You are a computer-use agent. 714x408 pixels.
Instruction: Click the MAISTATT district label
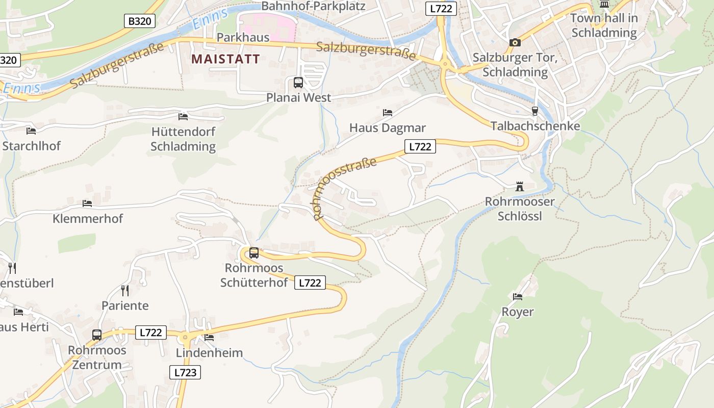click(x=225, y=59)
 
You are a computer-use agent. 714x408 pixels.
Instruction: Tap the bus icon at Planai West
click(x=298, y=82)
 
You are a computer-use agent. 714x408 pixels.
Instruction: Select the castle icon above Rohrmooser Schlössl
click(x=519, y=187)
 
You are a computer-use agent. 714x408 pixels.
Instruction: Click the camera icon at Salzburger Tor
click(x=515, y=42)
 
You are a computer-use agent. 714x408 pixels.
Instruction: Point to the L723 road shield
click(x=185, y=372)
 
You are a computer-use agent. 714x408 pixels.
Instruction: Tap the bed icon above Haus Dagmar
click(x=388, y=112)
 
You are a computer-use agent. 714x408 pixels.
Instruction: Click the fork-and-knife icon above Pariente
click(x=125, y=291)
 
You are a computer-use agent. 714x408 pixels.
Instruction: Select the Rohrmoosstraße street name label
click(x=345, y=188)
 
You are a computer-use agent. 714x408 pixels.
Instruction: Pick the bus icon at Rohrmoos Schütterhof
click(x=254, y=252)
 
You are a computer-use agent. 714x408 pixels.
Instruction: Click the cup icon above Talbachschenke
click(x=534, y=111)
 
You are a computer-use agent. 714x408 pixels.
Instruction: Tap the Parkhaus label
click(x=243, y=37)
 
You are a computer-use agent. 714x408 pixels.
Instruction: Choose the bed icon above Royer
click(x=518, y=296)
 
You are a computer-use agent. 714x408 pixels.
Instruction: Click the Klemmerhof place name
click(x=88, y=219)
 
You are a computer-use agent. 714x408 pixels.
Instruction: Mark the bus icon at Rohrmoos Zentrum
click(x=97, y=335)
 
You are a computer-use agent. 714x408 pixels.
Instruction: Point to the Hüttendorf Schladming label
click(x=183, y=139)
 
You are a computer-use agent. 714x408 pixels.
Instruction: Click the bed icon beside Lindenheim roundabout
click(x=209, y=337)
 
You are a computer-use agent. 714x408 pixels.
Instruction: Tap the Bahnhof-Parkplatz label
click(x=313, y=6)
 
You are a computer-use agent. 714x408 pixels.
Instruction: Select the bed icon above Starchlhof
click(x=31, y=131)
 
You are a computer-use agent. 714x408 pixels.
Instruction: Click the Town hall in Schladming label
click(x=604, y=25)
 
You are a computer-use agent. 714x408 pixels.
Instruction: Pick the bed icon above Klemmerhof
click(x=87, y=203)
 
